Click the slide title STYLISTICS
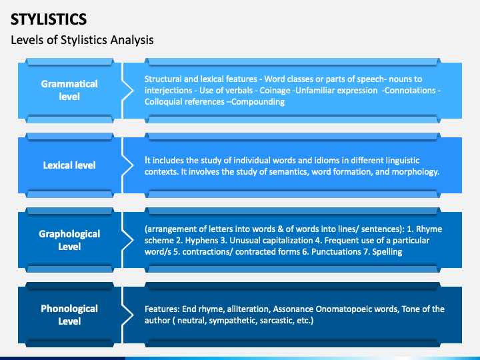49,18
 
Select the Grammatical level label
69,90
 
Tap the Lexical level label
69,165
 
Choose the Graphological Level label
69,240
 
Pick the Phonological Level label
69,315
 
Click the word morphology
414,171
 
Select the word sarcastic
270,321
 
